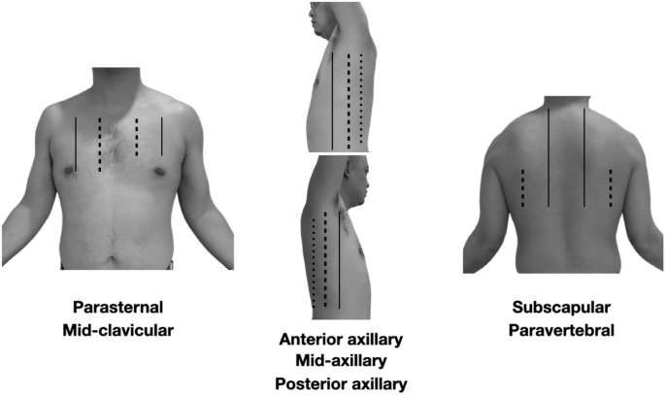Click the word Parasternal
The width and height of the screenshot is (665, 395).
(x=119, y=308)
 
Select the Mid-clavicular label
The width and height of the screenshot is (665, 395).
(x=119, y=330)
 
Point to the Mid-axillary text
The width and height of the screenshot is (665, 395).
(x=342, y=361)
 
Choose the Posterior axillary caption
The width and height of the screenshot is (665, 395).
(x=342, y=383)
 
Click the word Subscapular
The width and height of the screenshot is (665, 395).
(x=561, y=308)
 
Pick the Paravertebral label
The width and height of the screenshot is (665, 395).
(x=561, y=330)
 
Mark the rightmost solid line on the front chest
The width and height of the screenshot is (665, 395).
(x=162, y=136)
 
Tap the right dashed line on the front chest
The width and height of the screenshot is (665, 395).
(x=137, y=137)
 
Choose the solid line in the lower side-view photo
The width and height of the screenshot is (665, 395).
(x=339, y=257)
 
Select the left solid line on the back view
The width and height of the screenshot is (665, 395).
(x=549, y=157)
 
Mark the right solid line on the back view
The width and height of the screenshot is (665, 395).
(x=583, y=157)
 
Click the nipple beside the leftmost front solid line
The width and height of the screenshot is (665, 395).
(x=70, y=171)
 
